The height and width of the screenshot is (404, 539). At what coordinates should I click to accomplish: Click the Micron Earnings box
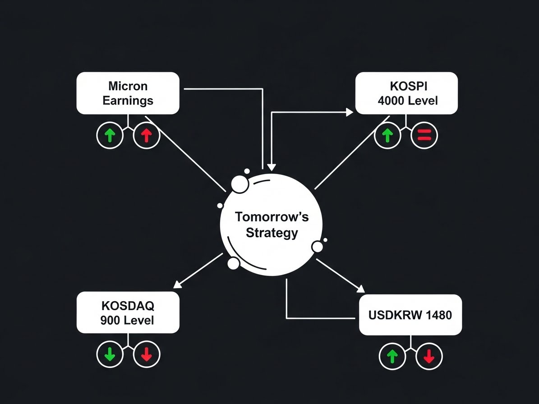click(128, 93)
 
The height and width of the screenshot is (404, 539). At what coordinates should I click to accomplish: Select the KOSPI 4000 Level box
click(406, 93)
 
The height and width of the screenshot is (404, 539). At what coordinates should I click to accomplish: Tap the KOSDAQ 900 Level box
click(128, 312)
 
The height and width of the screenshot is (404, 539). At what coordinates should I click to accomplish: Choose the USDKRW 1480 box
click(410, 315)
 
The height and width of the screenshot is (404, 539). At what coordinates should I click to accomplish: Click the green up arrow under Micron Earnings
click(110, 135)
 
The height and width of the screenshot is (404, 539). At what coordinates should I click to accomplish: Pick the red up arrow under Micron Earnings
click(146, 135)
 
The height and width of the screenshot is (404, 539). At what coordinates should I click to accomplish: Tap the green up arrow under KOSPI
click(387, 135)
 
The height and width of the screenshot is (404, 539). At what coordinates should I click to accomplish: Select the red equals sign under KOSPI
click(424, 134)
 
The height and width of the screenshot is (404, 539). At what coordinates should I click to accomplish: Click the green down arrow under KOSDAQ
click(110, 354)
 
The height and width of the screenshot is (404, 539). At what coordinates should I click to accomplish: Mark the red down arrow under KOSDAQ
click(146, 354)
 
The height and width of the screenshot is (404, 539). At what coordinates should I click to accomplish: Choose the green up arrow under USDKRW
click(392, 357)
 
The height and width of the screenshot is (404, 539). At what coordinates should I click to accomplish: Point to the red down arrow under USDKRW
click(429, 357)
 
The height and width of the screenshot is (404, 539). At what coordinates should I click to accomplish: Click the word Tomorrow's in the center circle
click(272, 217)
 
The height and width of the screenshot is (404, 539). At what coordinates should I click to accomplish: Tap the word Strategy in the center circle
click(272, 233)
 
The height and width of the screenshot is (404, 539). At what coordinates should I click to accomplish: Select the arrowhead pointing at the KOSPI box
click(350, 112)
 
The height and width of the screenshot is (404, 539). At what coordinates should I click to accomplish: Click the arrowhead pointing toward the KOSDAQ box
click(178, 284)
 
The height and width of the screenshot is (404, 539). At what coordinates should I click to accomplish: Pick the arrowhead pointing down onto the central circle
click(271, 166)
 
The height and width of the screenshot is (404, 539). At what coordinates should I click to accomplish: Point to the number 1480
click(438, 315)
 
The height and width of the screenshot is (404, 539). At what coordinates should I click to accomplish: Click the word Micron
click(128, 86)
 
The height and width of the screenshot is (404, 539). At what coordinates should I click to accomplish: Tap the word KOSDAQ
click(128, 306)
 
